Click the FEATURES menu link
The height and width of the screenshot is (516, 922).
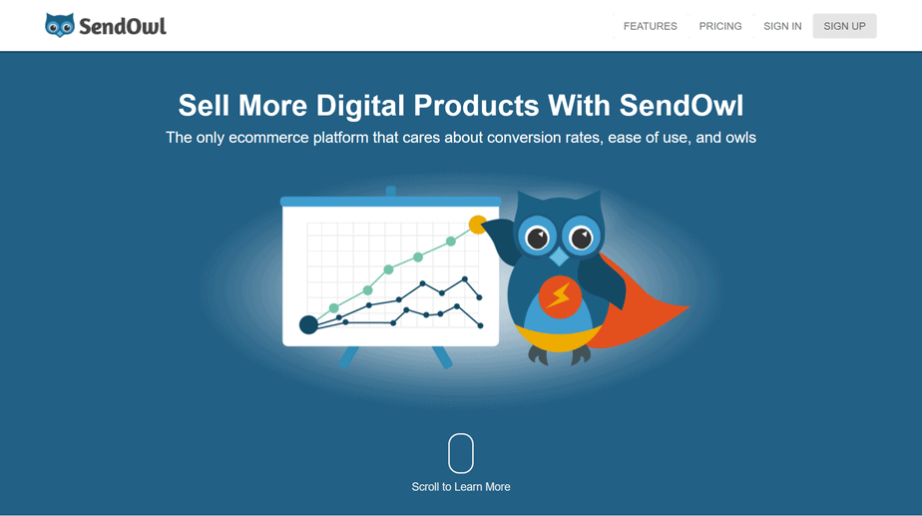(x=650, y=26)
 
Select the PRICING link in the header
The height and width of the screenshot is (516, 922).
(x=720, y=26)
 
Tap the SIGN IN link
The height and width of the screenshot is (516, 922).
(x=782, y=26)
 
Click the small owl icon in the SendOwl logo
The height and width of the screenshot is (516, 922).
(x=60, y=25)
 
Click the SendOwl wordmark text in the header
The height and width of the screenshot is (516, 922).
(x=123, y=27)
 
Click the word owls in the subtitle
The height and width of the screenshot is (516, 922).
(x=740, y=138)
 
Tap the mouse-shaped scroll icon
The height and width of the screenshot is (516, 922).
(x=461, y=453)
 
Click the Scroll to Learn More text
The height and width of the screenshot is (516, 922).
(x=461, y=487)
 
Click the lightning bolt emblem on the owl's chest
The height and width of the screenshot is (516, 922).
(x=559, y=297)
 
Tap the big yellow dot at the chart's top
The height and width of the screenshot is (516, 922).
(x=477, y=225)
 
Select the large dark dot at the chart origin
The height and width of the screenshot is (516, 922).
(x=308, y=324)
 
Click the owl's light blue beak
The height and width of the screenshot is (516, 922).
(x=559, y=256)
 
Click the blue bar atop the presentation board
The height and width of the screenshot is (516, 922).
(x=390, y=202)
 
